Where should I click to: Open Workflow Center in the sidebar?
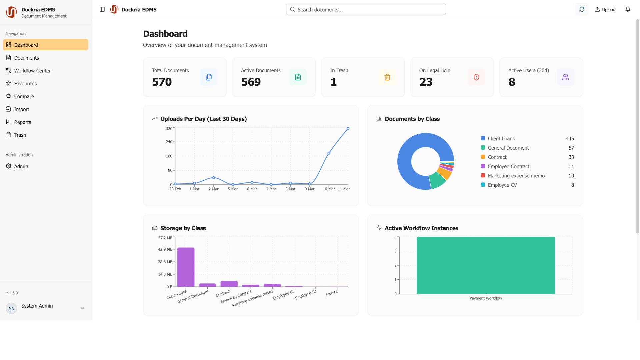[x=32, y=71]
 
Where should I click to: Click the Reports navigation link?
[x=22, y=122]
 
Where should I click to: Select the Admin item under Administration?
[x=21, y=166]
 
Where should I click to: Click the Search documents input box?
[x=366, y=10]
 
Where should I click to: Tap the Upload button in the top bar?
[x=605, y=10]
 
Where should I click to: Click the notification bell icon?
[x=628, y=10]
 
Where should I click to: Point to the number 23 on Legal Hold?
[x=426, y=82]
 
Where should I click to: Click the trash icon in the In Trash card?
[x=387, y=77]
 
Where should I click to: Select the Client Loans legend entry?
[x=501, y=139]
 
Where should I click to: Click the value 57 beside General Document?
[x=571, y=148]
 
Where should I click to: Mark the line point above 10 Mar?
[x=329, y=153]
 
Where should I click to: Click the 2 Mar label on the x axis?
[x=213, y=189]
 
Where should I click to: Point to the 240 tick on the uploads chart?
[x=169, y=142]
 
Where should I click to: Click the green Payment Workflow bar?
[x=485, y=265]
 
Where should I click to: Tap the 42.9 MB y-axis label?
[x=165, y=249]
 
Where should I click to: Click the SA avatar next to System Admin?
[x=11, y=308]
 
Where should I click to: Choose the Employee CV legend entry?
[x=502, y=185]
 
